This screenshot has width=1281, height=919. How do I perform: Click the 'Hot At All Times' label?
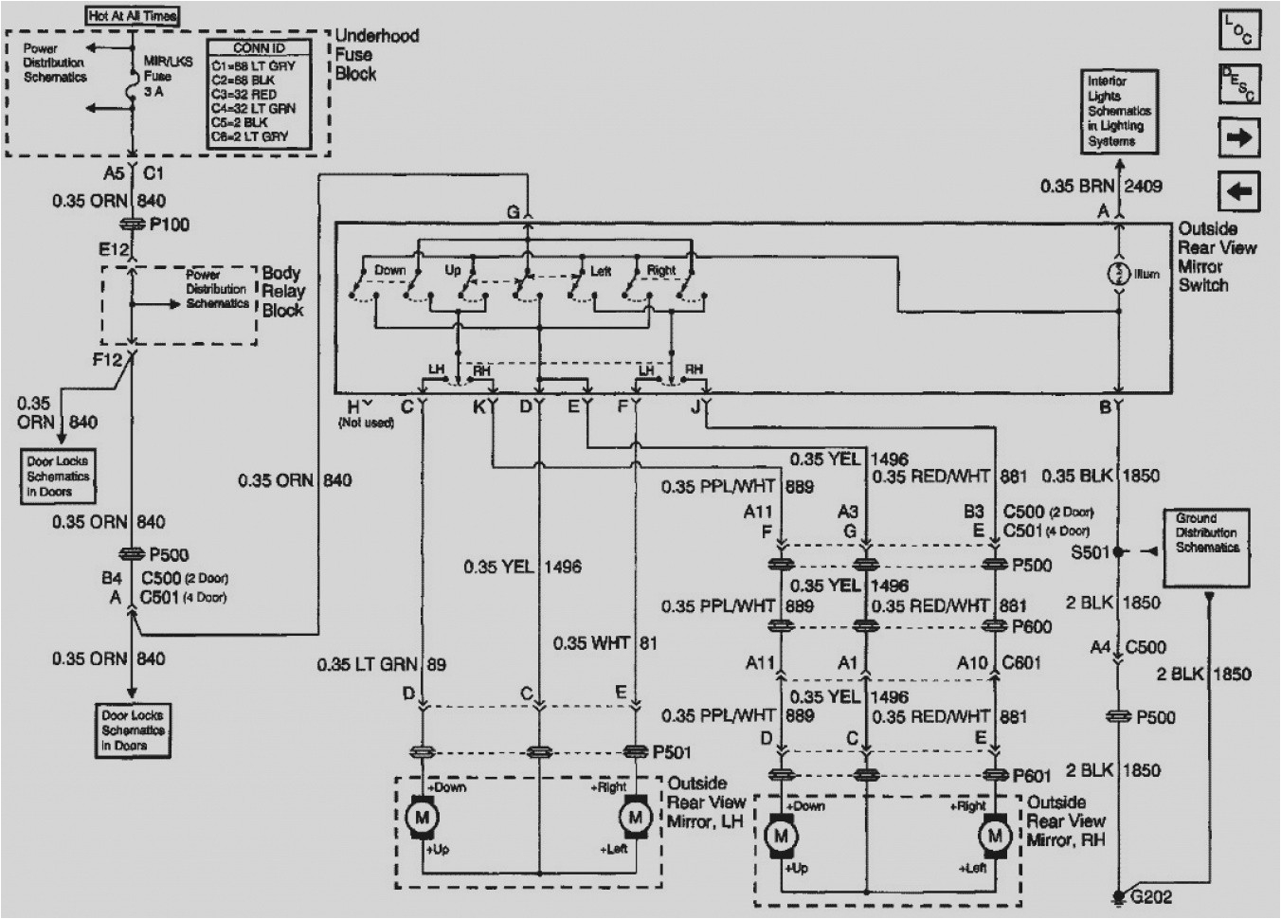coord(133,15)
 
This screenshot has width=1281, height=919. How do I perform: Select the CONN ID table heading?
coord(259,48)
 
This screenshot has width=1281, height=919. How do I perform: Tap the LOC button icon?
coord(1238,30)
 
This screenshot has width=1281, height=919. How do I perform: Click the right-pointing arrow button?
coord(1238,136)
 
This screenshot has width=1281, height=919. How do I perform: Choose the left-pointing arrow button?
coord(1238,191)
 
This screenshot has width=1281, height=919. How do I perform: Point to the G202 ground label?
coord(1150,896)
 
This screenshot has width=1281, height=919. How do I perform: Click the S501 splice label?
coord(1090,551)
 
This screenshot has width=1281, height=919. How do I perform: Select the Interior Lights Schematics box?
coord(1119,111)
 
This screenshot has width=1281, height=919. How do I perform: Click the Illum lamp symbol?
coord(1119,274)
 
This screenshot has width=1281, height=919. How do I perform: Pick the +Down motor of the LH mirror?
coord(421,818)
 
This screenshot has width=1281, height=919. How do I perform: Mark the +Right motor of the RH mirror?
coord(995,836)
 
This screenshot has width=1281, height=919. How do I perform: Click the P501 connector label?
coord(671,752)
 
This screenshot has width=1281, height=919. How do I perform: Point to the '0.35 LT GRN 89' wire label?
coord(381,664)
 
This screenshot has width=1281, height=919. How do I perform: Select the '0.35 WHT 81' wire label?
coord(604,643)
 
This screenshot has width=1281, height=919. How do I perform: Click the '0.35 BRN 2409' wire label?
coord(1101,186)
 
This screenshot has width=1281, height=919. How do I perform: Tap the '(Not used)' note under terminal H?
coord(366,423)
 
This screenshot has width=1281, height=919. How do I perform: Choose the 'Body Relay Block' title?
coord(282,292)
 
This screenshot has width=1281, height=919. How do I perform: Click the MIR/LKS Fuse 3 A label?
coord(158,77)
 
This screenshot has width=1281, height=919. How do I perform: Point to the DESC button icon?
coord(1238,83)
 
